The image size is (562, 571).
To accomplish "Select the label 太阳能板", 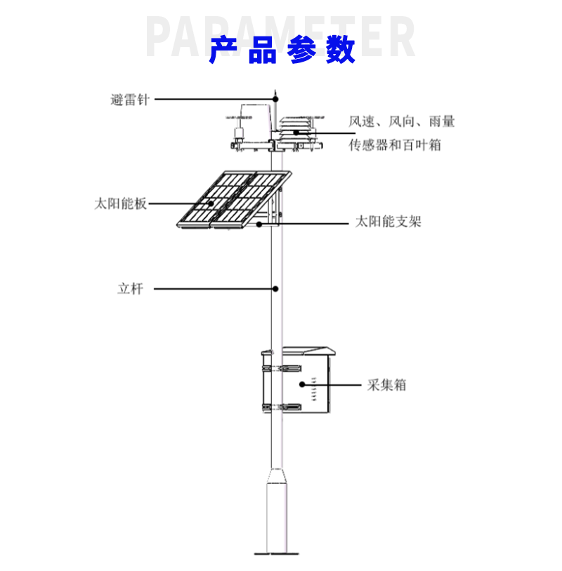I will pos(120,204).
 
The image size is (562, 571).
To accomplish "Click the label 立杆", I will pos(130,288).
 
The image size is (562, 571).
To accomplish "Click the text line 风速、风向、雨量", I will pos(402,121).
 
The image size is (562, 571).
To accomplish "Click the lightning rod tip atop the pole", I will pos(276,92).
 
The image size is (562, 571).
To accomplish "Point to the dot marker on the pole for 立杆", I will pos(276,288).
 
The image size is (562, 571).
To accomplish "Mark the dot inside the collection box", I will pos(303,384).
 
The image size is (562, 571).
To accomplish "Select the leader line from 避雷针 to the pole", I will pos(211,100).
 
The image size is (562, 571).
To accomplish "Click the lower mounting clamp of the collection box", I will pos(281,407).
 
